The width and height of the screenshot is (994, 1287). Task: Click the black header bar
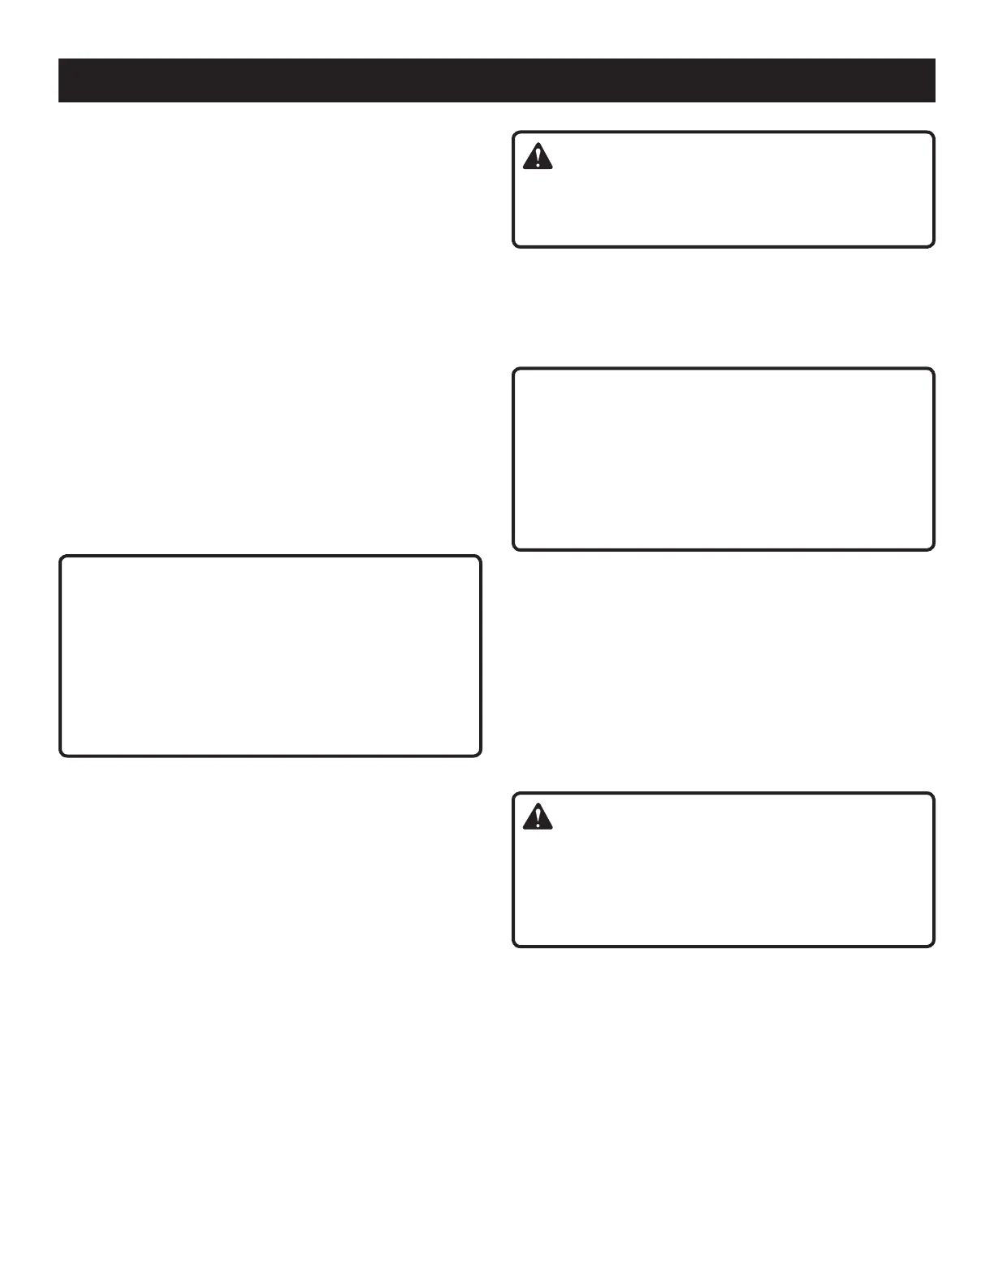pyautogui.click(x=497, y=80)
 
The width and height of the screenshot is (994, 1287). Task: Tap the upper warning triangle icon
pyautogui.click(x=538, y=156)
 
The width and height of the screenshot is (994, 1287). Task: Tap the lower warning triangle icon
pyautogui.click(x=538, y=817)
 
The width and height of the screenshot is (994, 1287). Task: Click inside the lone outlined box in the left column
pyautogui.click(x=270, y=656)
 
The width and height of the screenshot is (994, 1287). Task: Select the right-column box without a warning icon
pyautogui.click(x=724, y=459)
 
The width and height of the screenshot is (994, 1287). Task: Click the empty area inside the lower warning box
pyautogui.click(x=731, y=886)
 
